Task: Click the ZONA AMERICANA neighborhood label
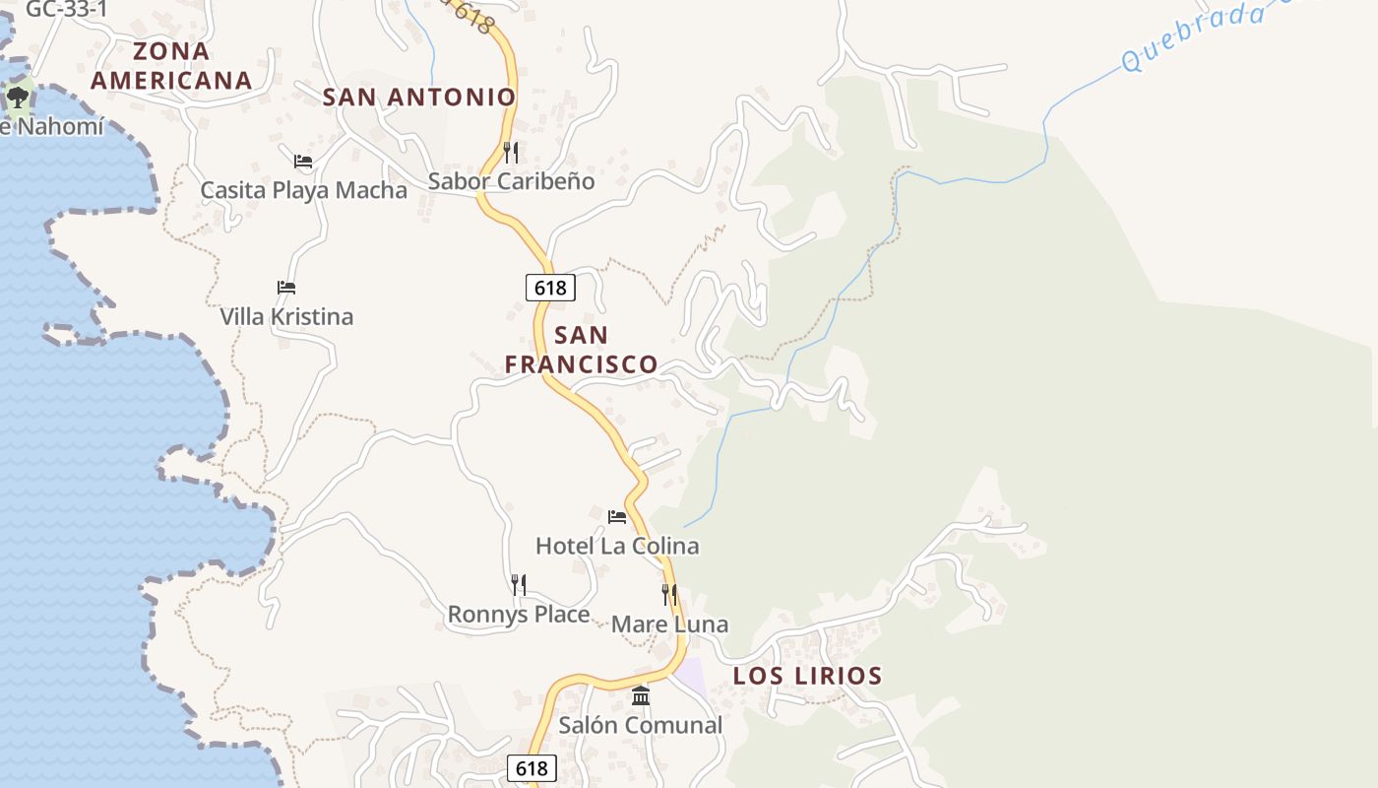point(171,66)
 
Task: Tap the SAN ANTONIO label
point(419,97)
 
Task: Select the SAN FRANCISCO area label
point(581,350)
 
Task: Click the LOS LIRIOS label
point(807,676)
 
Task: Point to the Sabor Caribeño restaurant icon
point(510,152)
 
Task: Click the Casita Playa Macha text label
point(303,190)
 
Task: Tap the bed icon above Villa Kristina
point(286,288)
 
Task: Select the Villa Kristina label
point(286,317)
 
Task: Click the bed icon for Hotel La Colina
point(617,516)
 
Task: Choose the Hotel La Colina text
point(617,546)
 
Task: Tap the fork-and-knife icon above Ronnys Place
point(519,585)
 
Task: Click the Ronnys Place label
point(519,615)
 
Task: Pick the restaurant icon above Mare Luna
point(669,594)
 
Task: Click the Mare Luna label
point(669,624)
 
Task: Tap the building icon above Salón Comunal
point(641,695)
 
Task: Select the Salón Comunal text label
point(641,726)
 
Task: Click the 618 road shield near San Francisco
point(550,288)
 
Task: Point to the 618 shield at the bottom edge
point(532,768)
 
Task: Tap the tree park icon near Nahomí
point(17,97)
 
